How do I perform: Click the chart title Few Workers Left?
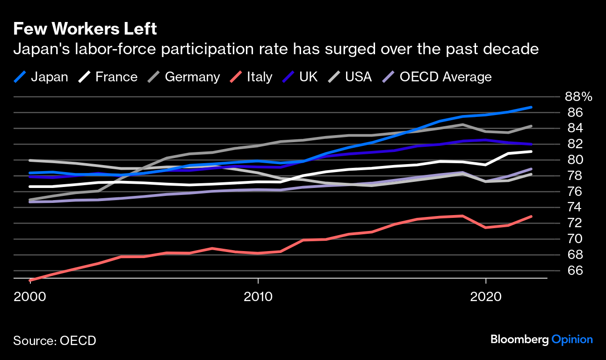85,29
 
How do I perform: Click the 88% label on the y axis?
578,97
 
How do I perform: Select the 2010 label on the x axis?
258,297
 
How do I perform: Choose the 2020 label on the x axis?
486,297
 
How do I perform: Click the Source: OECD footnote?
54,340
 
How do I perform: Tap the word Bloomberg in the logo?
519,340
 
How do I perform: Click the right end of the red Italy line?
532,216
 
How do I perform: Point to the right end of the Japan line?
532,107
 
